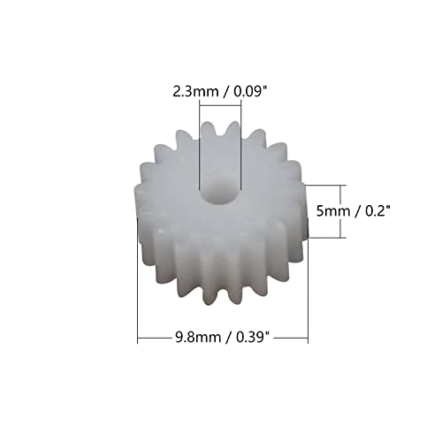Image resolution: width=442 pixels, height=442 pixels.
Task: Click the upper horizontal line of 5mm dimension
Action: [323, 184]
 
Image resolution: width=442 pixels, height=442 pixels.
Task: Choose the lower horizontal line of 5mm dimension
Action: [323, 238]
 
